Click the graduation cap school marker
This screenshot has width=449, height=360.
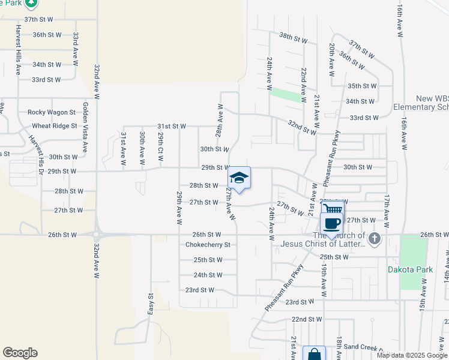(239, 178)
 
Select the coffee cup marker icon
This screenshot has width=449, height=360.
(331, 224)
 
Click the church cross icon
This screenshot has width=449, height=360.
(375, 239)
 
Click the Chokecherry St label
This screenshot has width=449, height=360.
(208, 245)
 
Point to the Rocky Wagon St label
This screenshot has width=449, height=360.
(52, 112)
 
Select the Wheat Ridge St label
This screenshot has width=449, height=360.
(55, 126)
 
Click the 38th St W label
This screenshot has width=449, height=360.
(293, 37)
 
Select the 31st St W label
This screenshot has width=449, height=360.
(172, 127)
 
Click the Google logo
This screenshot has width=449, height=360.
(20, 353)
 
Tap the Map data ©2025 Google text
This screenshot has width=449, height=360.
(411, 355)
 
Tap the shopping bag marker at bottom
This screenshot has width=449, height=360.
(314, 354)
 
